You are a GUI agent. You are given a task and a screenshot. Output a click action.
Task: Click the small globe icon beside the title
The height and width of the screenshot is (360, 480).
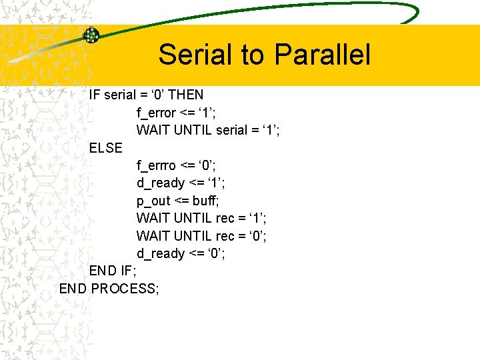tap(91, 35)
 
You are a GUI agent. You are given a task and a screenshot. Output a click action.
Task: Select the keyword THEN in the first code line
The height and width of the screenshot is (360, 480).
tap(186, 95)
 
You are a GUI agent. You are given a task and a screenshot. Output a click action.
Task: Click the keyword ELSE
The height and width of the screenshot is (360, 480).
tap(106, 148)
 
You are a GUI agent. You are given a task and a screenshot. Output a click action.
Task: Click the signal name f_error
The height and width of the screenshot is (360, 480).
tap(157, 113)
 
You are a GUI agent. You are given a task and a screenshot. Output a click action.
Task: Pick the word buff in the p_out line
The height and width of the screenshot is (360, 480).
tap(206, 201)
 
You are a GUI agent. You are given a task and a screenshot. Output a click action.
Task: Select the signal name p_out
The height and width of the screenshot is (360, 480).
tap(153, 201)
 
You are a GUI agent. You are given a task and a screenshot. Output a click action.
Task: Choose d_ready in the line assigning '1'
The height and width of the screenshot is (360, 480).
tap(161, 183)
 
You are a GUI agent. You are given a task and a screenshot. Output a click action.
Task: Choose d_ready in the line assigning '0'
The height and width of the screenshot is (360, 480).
tap(161, 253)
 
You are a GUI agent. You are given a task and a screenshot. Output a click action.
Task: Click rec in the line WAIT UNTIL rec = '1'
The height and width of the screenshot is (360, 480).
tap(225, 218)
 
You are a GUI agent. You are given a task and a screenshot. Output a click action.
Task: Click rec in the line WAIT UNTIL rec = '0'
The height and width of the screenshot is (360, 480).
tap(225, 236)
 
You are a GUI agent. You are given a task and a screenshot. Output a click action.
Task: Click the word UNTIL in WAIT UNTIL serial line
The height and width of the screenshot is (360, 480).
tap(193, 130)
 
